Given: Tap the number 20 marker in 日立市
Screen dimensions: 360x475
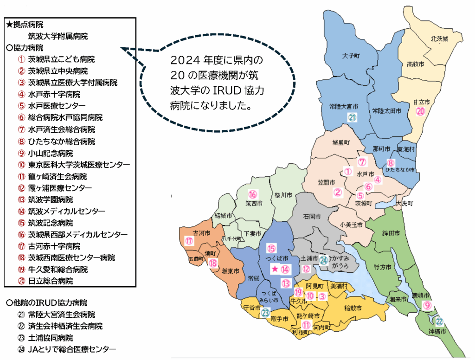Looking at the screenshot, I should point(420,111).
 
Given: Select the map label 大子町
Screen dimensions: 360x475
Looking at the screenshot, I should point(351,56).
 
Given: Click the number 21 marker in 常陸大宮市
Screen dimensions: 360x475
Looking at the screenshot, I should point(352,118).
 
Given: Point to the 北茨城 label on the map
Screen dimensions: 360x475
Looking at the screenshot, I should point(438,39).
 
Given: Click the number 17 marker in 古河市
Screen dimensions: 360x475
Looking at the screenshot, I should point(189,241).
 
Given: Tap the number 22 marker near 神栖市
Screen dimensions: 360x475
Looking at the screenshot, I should point(439,321).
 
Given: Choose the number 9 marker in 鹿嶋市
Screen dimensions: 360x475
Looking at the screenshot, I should point(428,305).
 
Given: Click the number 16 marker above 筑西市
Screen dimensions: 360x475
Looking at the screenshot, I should point(253,194).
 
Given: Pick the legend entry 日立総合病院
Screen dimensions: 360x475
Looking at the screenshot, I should point(50,281).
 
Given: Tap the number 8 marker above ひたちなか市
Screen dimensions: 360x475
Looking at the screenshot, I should point(391,163).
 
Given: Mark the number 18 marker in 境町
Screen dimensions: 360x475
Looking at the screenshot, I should point(213,264).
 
